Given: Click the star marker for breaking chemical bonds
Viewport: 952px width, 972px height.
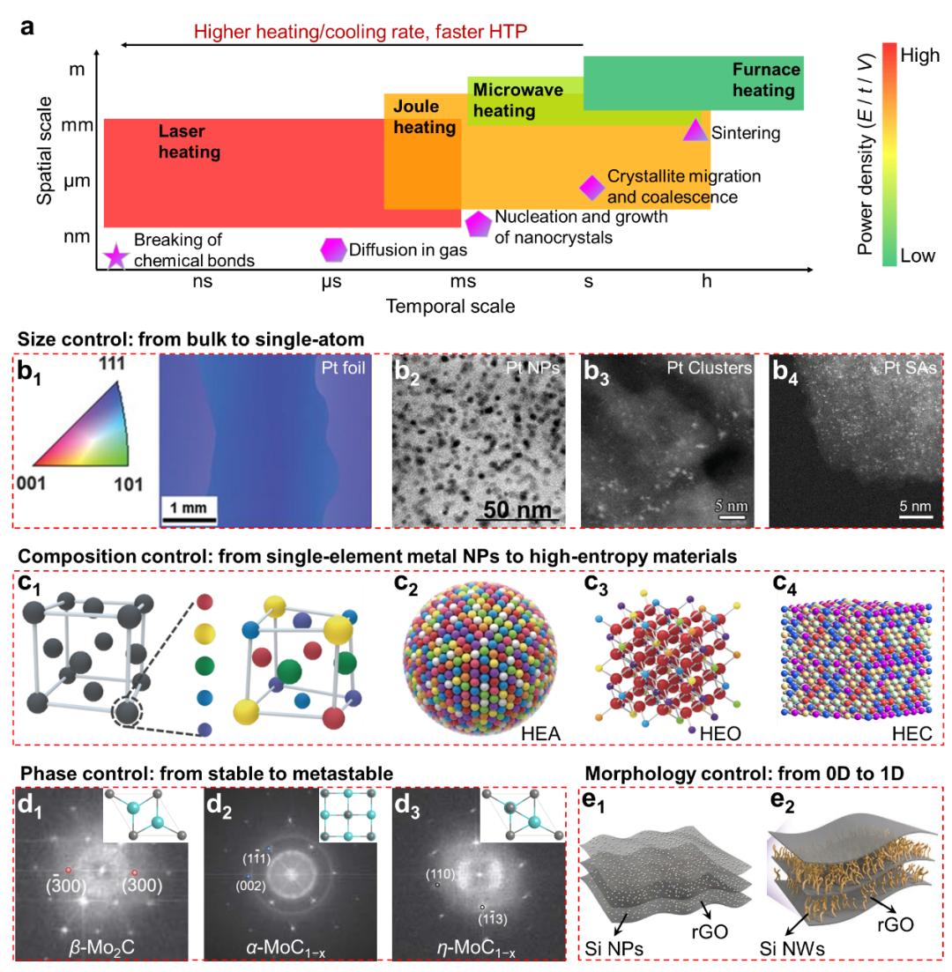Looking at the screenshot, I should pos(115,257).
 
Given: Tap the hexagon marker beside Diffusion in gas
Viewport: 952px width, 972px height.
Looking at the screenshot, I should pos(333,250).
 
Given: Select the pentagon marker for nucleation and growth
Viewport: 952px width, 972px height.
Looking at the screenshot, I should pos(478,224).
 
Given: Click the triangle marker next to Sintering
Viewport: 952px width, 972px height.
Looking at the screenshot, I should pos(695,130).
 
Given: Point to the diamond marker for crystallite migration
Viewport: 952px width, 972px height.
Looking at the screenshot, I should pos(591,187).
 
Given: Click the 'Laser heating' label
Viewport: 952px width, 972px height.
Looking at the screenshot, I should pos(189,141).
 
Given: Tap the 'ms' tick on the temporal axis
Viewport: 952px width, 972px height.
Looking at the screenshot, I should pos(463,282).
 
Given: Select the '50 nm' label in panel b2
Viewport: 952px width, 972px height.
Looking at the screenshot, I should pos(517,509).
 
